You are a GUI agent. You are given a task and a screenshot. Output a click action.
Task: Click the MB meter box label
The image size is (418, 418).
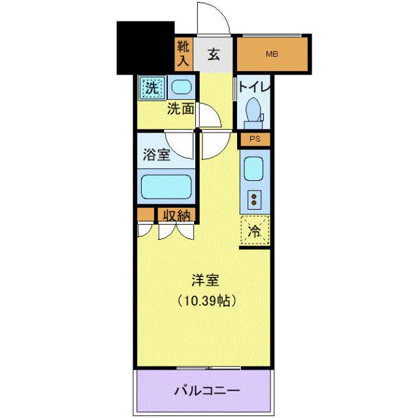tap(272, 54)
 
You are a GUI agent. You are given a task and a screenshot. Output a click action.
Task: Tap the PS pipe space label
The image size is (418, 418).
tap(255, 139)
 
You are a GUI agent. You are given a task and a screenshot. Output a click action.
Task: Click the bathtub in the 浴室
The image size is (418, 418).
tap(166, 187)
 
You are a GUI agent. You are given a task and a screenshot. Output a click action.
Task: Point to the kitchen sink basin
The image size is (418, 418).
tap(253, 169)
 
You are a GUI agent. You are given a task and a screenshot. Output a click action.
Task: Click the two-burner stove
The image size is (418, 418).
tap(254, 200)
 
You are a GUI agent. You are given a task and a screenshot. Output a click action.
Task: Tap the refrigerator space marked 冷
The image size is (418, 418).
tap(255, 231)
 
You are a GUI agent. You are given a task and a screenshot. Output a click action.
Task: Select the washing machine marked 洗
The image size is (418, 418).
tap(152, 88)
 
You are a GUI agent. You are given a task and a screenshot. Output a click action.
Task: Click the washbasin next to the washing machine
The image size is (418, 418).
tap(182, 87)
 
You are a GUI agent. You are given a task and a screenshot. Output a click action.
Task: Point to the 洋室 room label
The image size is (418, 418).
tap(205, 280)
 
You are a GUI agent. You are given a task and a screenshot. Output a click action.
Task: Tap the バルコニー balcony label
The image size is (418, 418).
tap(207, 391)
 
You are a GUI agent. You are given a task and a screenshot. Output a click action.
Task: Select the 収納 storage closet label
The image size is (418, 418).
tap(177, 215)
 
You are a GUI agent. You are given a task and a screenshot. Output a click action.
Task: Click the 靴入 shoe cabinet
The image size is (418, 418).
tap(184, 54)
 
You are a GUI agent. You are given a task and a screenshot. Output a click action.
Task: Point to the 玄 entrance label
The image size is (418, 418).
tap(214, 54)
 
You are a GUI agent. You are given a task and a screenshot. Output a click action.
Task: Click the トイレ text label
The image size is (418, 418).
tap(254, 87)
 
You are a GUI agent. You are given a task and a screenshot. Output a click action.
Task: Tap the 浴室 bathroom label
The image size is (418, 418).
tap(157, 155)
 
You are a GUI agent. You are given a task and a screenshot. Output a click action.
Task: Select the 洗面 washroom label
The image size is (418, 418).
tap(180, 109)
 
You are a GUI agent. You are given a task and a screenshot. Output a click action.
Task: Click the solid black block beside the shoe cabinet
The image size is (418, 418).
tap(146, 48)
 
